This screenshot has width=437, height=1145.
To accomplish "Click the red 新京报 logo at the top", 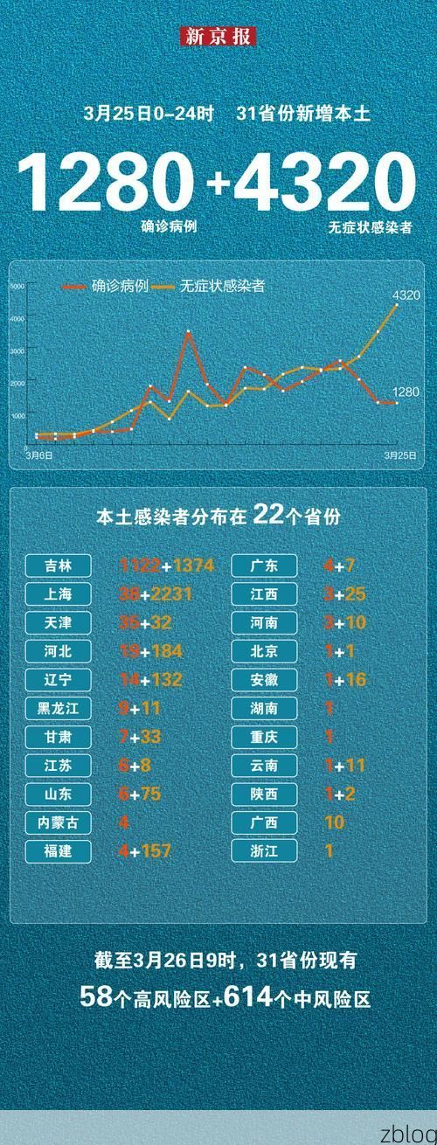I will point(218,37).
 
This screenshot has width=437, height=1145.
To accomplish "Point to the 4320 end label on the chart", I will point(406,295).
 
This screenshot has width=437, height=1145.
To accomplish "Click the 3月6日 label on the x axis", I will point(38,455).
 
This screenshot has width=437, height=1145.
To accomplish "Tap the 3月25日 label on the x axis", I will point(400,455).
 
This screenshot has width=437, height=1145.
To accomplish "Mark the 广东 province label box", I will point(266,566).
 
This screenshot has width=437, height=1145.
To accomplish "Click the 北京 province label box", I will point(266,651).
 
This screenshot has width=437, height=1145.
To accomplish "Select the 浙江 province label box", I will point(266,850).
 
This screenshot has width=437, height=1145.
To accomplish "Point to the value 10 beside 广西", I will point(334,822).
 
